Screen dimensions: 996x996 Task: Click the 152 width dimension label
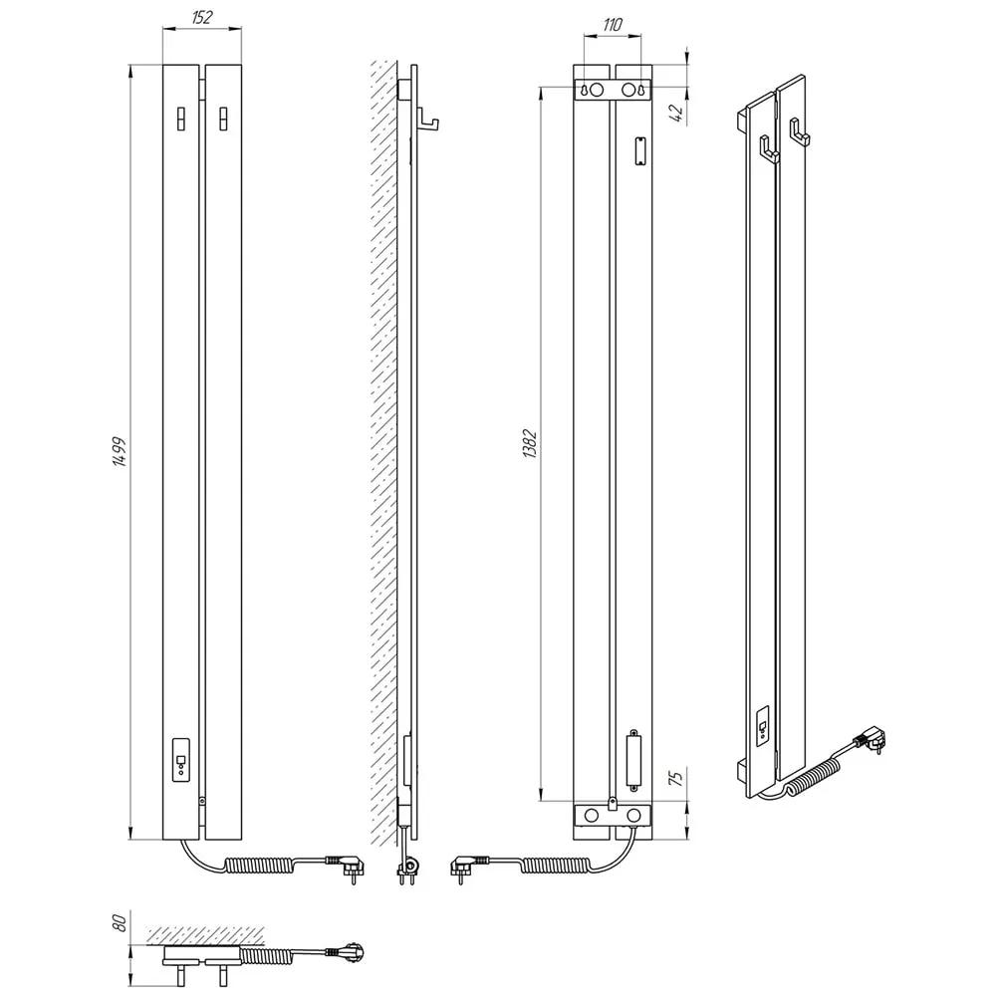pos(202,17)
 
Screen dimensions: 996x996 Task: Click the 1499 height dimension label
pos(120,452)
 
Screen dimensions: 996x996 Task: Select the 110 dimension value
pos(612,25)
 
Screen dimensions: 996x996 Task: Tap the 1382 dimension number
pos(530,444)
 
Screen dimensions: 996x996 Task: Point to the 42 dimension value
pos(677,113)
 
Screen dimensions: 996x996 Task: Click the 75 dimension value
pos(677,778)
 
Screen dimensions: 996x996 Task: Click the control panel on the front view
pos(181,759)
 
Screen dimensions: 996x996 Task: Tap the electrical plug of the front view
pos(344,866)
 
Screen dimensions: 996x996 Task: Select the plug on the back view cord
pos(469,866)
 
